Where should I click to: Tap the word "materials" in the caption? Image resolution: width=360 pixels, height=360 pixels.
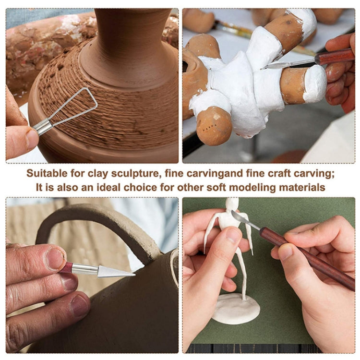[x=300, y=187]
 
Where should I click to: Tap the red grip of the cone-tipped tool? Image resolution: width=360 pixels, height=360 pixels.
[x=67, y=267]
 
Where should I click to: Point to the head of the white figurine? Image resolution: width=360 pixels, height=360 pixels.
[x=232, y=204]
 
